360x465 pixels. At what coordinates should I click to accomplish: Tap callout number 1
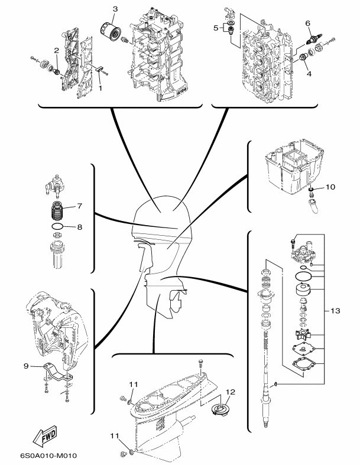tap(100, 88)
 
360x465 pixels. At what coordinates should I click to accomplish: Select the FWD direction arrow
tap(45, 435)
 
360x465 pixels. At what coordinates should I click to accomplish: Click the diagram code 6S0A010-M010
tap(48, 456)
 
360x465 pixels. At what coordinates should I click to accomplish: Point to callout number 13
tap(335, 311)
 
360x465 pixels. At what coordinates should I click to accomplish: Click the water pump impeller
tap(303, 335)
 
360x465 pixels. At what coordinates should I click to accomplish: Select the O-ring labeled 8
tap(57, 227)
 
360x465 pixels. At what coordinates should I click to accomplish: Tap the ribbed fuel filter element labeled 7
tap(57, 211)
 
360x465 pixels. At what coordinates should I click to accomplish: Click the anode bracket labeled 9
tap(58, 373)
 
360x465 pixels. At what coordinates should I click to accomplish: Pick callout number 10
tap(330, 187)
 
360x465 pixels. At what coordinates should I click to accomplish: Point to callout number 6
tap(307, 23)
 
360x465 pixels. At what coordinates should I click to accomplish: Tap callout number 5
tap(216, 28)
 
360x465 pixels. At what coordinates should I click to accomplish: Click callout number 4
tap(309, 73)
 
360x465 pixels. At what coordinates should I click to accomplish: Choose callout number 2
tap(56, 51)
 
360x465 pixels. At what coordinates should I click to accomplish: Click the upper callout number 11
tap(134, 384)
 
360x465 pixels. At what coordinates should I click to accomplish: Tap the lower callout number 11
tap(115, 436)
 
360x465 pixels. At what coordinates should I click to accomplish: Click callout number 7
tap(80, 206)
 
